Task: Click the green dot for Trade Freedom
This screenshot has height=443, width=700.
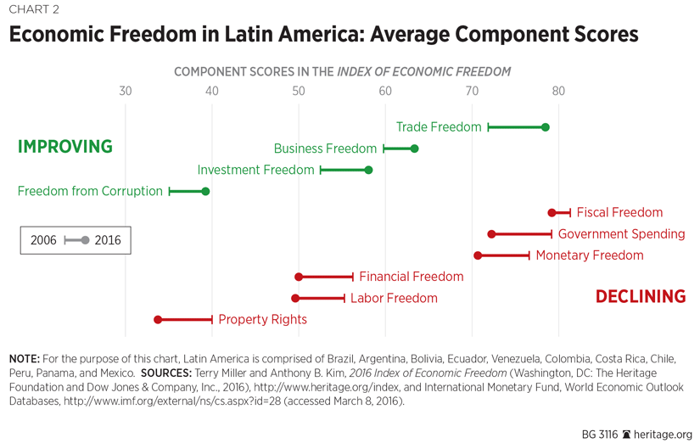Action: (x=546, y=127)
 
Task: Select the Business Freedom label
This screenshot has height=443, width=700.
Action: (x=325, y=149)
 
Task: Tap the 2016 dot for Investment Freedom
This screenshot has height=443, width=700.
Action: (x=368, y=170)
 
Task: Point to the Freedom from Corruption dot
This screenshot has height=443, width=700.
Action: (x=205, y=192)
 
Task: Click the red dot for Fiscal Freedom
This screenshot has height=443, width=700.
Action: (x=552, y=213)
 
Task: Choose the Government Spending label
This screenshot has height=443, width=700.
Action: (x=621, y=234)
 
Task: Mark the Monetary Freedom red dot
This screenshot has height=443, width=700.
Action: (x=478, y=255)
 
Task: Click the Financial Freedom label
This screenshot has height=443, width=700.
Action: (x=411, y=277)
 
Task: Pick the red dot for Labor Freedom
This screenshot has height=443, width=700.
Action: (x=295, y=299)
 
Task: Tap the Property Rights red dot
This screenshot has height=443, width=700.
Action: (x=158, y=320)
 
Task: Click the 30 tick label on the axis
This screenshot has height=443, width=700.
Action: (x=125, y=92)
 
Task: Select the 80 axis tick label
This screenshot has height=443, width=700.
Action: (x=557, y=92)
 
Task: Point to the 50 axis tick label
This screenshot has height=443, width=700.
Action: (x=298, y=92)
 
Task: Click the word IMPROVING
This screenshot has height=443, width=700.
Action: (x=65, y=147)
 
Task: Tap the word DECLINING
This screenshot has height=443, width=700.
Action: (x=640, y=296)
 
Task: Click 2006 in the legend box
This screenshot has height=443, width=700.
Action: (x=43, y=240)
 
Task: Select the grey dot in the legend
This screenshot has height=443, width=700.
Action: (x=85, y=240)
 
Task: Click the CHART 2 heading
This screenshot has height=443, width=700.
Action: (x=35, y=10)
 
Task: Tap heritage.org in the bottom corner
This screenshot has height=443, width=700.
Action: (x=664, y=434)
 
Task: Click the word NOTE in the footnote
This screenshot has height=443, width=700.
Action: (x=24, y=357)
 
